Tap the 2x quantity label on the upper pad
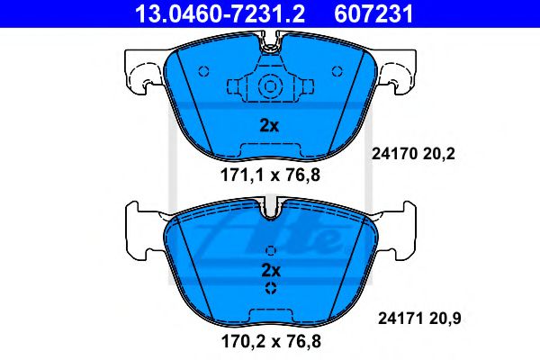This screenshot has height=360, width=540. tap(269, 125)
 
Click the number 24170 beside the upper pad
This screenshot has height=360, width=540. tap(393, 154)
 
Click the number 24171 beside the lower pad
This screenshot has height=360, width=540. tap(393, 317)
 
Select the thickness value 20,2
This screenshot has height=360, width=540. tap(444, 154)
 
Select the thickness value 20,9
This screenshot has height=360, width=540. tap(444, 317)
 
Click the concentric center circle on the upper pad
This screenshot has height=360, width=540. tap(269, 87)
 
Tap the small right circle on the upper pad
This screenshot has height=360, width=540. tap(337, 72)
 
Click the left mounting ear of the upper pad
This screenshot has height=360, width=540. tap(145, 72)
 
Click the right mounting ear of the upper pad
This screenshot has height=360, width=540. tap(395, 72)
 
